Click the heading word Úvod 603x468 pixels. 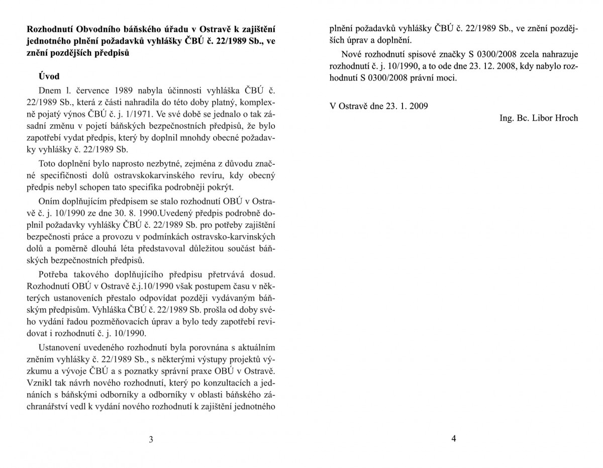click(49, 76)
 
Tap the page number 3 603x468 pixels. click(151, 439)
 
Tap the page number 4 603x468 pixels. click(454, 438)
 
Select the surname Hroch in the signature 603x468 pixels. click(566, 118)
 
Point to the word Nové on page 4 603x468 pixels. click(351, 54)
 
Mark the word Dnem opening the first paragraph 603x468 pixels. click(49, 90)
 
